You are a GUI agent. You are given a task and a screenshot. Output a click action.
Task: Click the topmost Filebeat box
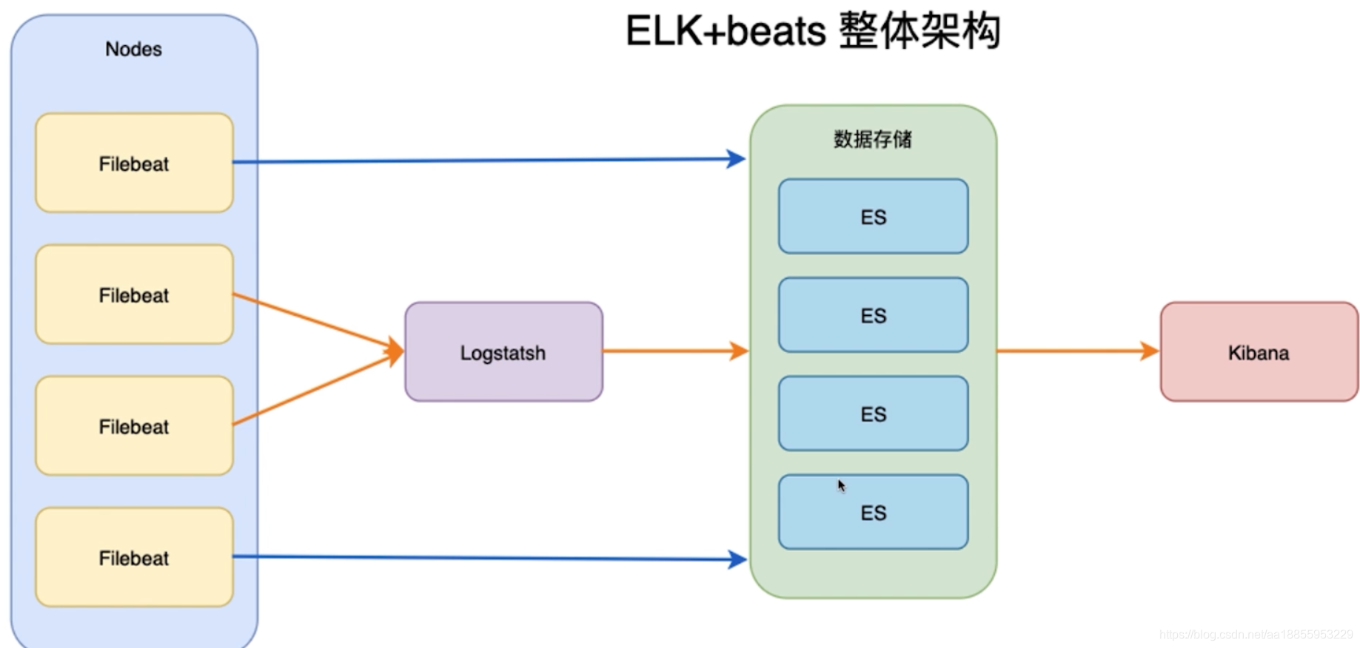(134, 163)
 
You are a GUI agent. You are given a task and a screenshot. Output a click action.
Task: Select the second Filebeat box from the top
(134, 294)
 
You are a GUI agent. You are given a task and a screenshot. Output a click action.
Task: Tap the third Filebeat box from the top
(134, 426)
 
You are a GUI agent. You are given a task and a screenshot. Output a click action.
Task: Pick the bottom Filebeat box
(134, 557)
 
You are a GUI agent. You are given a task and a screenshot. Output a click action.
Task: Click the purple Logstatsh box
(503, 352)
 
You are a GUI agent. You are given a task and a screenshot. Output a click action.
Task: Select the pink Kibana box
(1259, 352)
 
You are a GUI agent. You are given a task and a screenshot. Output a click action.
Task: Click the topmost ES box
(873, 216)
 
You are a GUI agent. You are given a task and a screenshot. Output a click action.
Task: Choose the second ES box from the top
(873, 315)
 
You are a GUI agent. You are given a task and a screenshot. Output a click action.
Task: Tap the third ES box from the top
(873, 414)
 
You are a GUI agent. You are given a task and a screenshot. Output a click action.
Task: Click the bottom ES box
(873, 513)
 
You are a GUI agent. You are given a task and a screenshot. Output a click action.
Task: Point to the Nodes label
(133, 49)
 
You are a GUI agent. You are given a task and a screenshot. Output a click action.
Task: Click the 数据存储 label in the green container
(872, 139)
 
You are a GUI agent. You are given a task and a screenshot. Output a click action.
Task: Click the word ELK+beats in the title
(725, 31)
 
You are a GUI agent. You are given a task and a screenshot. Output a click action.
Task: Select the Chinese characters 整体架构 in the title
(919, 31)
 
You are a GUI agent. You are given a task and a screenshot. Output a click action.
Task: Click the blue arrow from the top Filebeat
(489, 160)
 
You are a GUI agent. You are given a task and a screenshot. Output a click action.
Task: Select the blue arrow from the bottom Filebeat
(489, 558)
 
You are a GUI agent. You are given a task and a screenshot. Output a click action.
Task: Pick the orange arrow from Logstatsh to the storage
(674, 351)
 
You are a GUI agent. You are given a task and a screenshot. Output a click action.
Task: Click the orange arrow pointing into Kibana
(1077, 351)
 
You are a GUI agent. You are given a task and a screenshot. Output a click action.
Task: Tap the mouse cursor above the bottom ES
(841, 485)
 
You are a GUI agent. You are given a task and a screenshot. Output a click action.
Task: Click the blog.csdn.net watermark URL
(1256, 635)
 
